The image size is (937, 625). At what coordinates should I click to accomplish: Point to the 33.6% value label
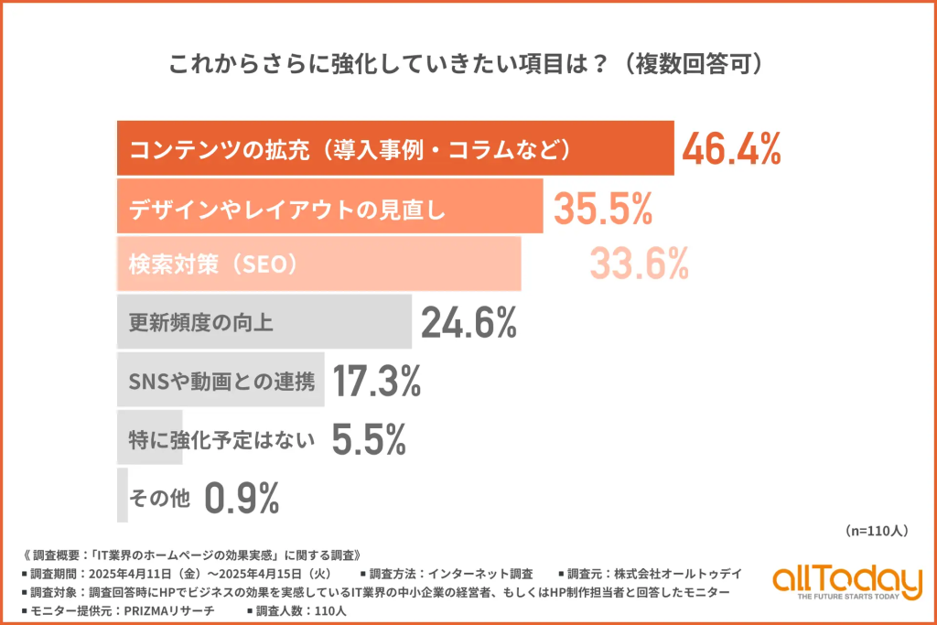click(639, 264)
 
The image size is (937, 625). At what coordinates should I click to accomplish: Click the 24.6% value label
click(469, 322)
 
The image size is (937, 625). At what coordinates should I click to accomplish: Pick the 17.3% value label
click(375, 381)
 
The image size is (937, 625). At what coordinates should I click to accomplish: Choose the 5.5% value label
click(368, 440)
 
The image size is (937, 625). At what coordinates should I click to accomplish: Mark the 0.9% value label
click(242, 498)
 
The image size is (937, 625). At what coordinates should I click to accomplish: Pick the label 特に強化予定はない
click(221, 440)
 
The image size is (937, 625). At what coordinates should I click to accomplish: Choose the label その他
click(160, 499)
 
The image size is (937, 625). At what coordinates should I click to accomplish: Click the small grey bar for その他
click(123, 495)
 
